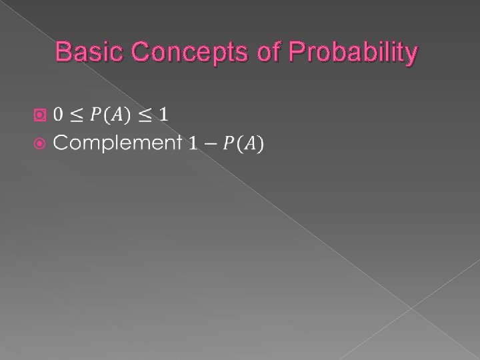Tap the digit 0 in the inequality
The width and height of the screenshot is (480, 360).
tap(59, 114)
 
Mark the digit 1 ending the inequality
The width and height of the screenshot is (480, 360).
tap(163, 114)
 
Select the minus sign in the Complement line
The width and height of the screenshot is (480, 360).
tap(209, 143)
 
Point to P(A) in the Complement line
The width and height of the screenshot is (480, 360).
tap(242, 143)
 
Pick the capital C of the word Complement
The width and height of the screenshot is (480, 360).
tap(61, 143)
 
